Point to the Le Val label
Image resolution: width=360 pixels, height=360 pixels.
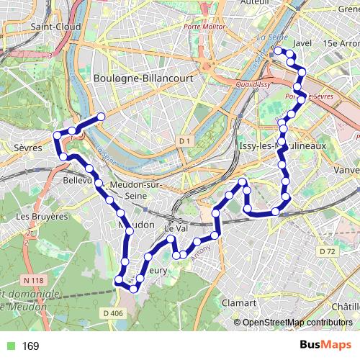click(176, 228)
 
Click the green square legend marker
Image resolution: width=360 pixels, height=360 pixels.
click(9, 346)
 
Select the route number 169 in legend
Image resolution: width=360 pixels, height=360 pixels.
click(30, 346)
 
